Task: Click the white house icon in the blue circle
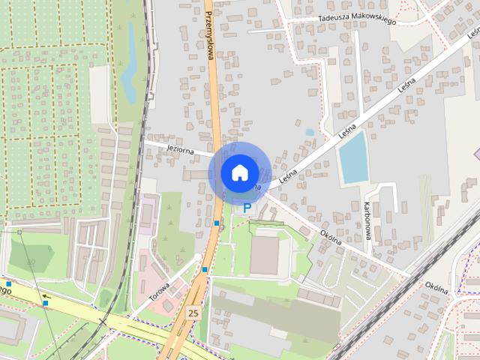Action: (x=238, y=172)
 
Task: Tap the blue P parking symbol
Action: (x=246, y=208)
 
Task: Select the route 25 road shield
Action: (x=193, y=312)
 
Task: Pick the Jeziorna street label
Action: (x=181, y=150)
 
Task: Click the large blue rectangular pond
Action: (x=352, y=156)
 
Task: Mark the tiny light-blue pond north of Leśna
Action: (x=310, y=132)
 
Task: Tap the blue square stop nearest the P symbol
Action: (x=217, y=223)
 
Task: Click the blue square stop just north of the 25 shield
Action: (x=205, y=270)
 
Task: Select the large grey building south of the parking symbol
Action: (x=264, y=255)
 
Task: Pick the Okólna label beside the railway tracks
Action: (x=436, y=286)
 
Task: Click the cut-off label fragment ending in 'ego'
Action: (x=5, y=289)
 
